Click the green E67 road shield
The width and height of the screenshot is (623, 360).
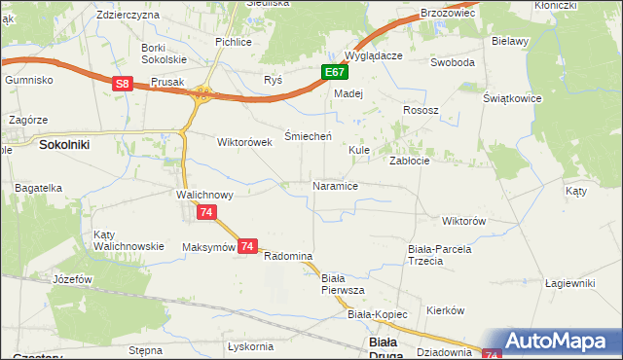[x=334, y=72]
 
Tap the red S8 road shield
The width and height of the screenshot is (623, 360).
[x=121, y=85]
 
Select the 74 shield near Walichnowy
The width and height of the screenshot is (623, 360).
[x=204, y=212]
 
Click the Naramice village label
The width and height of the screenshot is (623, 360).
[x=335, y=185]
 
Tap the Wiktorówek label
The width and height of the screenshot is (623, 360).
[x=243, y=141]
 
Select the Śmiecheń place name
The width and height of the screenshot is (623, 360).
[x=309, y=135]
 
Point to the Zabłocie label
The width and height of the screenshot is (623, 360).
[x=410, y=161]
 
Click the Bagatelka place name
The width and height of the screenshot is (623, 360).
[x=38, y=187]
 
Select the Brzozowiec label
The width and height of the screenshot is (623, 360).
[x=447, y=13]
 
